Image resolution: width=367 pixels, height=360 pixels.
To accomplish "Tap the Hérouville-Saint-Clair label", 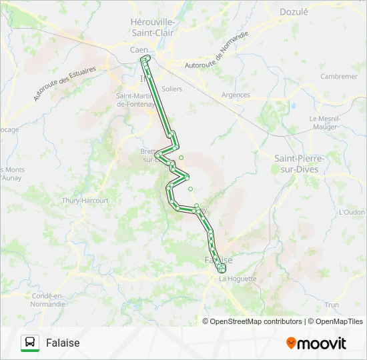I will pyautogui.click(x=153, y=27).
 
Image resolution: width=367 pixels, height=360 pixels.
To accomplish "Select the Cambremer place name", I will pyautogui.click(x=338, y=77).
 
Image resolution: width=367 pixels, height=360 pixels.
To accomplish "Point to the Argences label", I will pyautogui.click(x=236, y=95).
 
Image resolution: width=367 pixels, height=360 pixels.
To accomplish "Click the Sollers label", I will pyautogui.click(x=171, y=89).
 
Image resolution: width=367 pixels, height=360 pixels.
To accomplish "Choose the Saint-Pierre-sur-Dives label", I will pyautogui.click(x=300, y=163).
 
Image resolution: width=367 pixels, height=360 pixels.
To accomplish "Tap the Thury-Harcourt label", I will pyautogui.click(x=85, y=200).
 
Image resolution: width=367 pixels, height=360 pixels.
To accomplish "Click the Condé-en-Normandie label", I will pyautogui.click(x=48, y=299).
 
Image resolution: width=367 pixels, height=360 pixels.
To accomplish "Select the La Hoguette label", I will pyautogui.click(x=238, y=279).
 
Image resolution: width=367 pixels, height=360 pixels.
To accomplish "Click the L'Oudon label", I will pyautogui.click(x=352, y=213).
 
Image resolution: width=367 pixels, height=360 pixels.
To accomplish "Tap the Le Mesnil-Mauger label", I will pyautogui.click(x=326, y=122).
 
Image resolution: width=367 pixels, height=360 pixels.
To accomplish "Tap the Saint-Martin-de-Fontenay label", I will pyautogui.click(x=136, y=99).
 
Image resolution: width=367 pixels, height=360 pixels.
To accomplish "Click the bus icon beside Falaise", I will pyautogui.click(x=29, y=343).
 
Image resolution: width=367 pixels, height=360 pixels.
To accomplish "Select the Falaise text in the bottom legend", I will pyautogui.click(x=63, y=343).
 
